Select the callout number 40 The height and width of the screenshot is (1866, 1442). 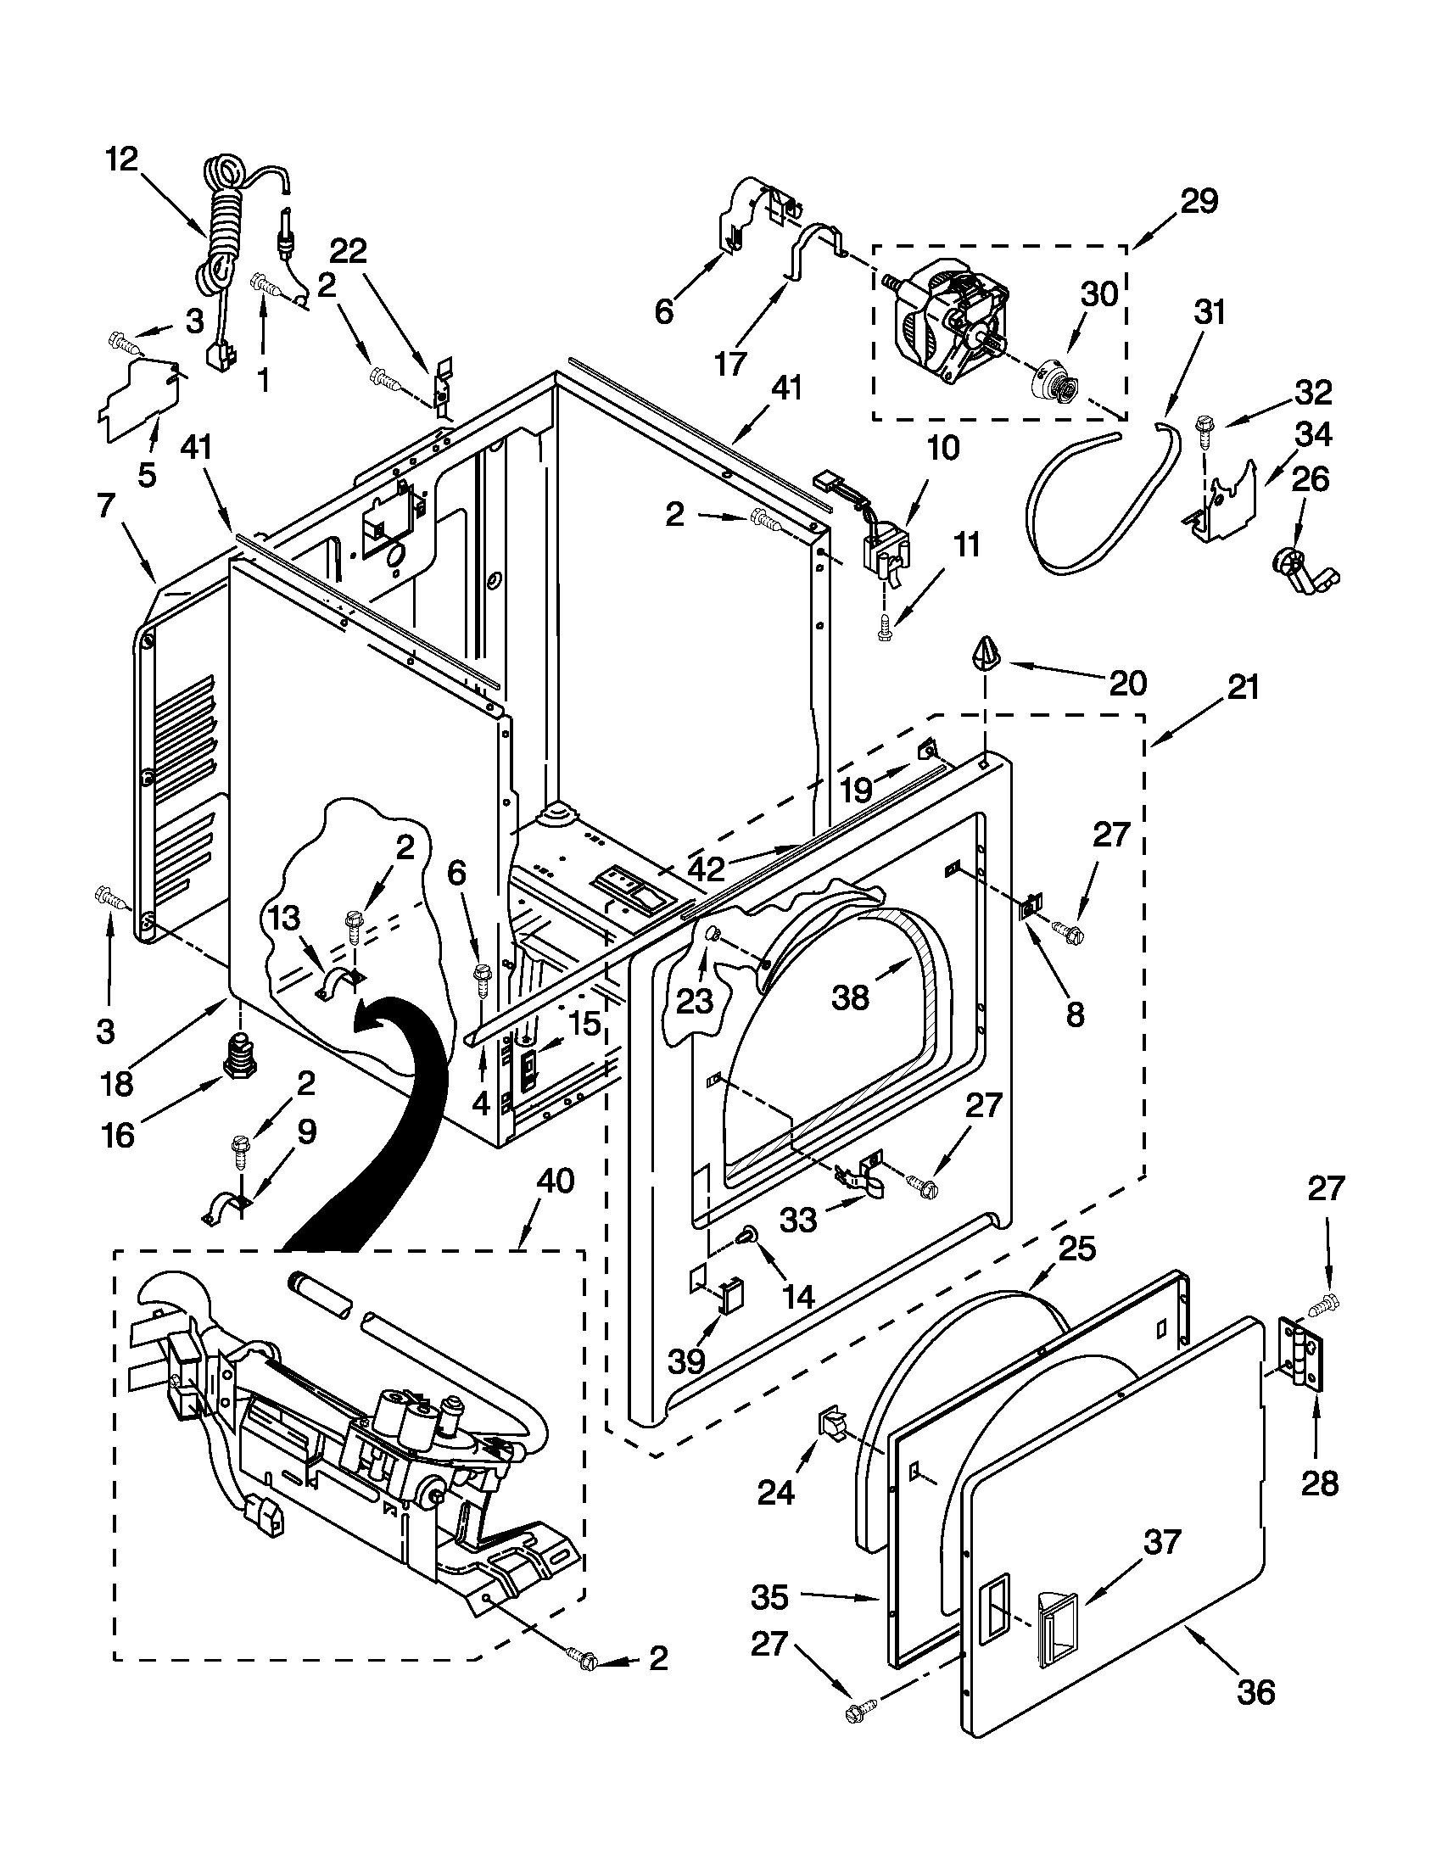pos(556,1182)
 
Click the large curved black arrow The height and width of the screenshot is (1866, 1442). pos(384,1111)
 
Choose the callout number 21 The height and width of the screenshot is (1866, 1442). pos(1243,688)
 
